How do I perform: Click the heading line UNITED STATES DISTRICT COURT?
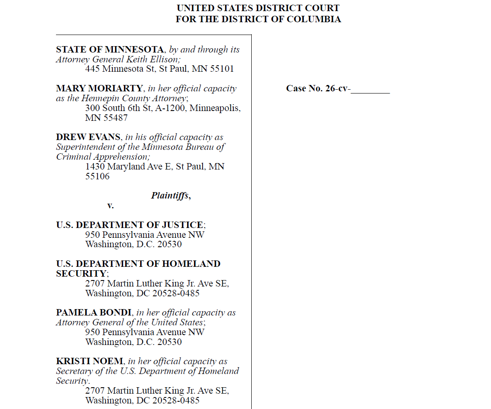258,8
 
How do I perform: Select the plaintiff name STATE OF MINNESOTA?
110,50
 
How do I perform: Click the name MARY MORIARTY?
99,88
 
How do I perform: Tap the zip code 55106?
97,176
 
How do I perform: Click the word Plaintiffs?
170,196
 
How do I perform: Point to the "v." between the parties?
110,205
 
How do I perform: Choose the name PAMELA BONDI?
93,313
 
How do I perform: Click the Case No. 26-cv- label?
318,88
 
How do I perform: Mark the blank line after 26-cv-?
370,90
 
